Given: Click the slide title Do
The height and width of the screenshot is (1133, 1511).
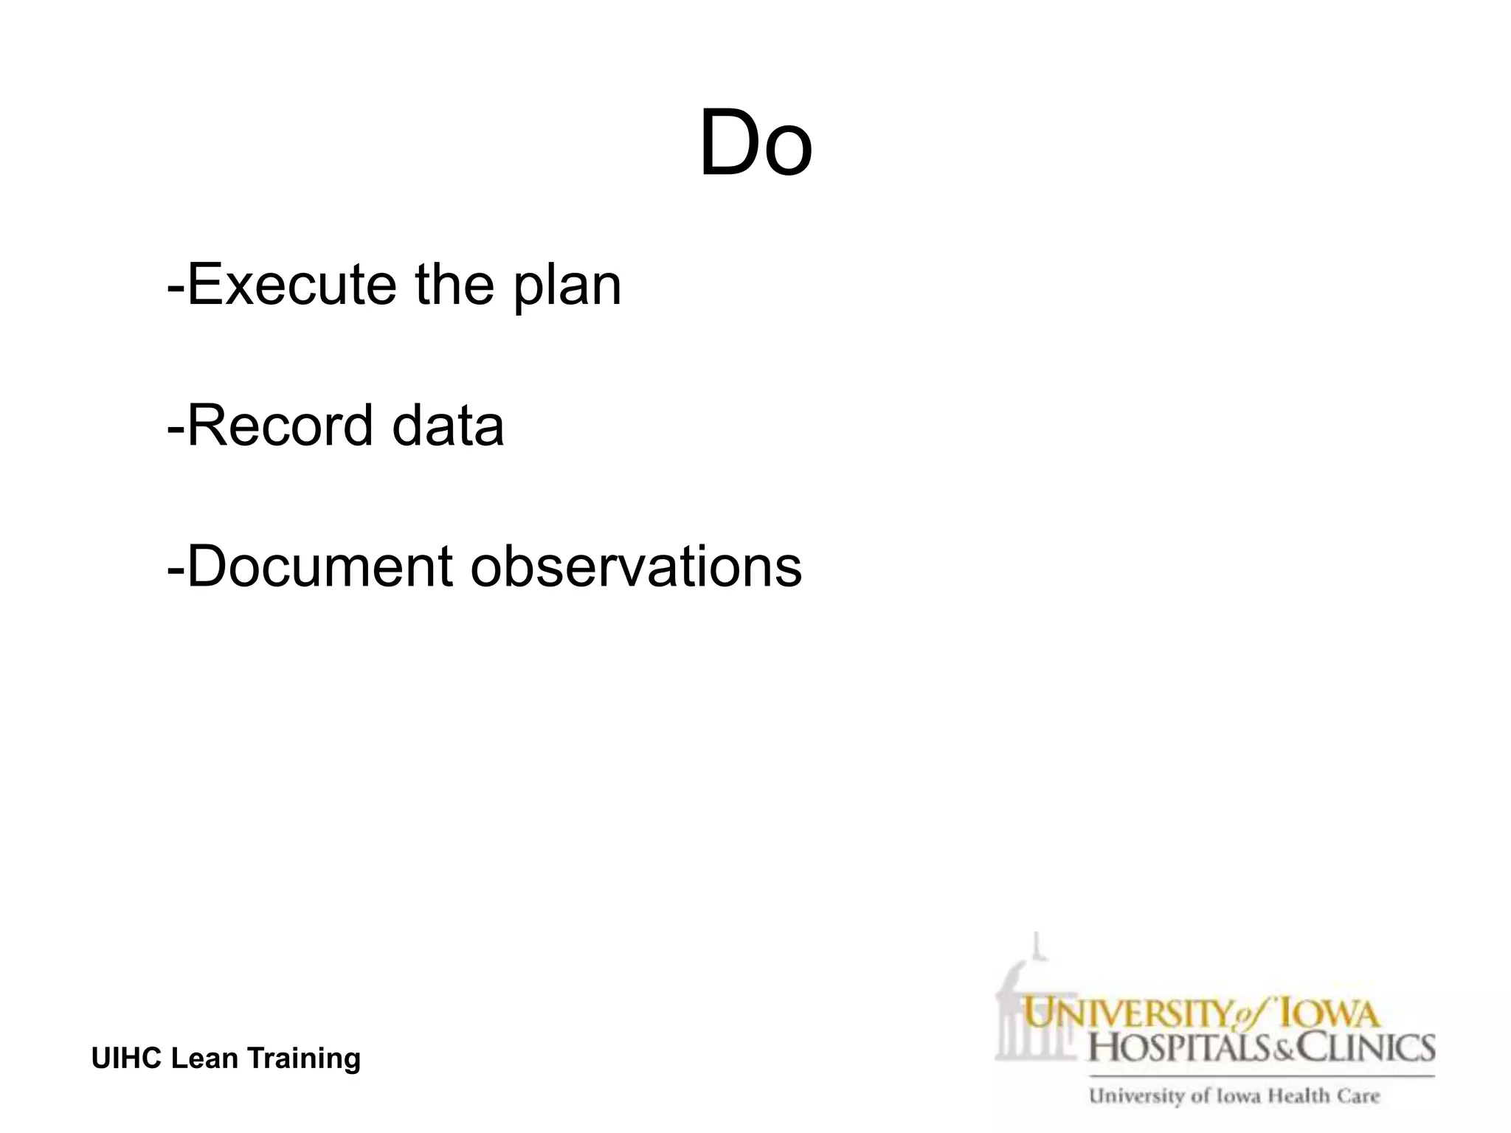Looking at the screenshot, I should pos(755,143).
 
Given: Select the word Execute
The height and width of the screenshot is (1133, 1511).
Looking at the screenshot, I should pos(292,285).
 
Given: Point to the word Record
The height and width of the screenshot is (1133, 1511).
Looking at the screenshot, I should pos(280,426).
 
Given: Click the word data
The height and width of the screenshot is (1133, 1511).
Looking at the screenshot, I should pos(448,426).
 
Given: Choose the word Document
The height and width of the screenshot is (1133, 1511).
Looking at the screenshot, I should pos(319,566).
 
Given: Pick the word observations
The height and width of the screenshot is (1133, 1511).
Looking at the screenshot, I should pos(636,566).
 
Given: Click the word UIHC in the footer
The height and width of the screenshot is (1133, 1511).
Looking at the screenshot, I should pos(126,1058).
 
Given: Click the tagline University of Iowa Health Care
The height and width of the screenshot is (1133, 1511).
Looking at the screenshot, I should pos(1234,1096).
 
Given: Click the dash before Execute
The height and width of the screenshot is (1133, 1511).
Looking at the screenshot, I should pos(176,286).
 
